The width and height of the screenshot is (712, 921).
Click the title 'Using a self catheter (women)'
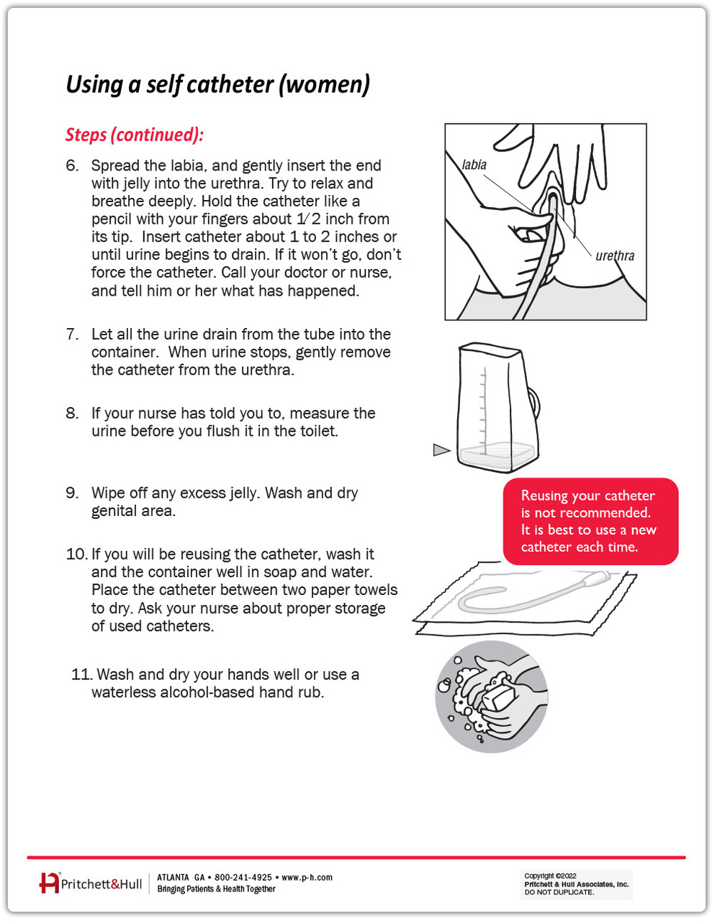[217, 85]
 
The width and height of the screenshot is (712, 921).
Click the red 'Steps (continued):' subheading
[135, 135]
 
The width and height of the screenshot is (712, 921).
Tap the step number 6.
[72, 165]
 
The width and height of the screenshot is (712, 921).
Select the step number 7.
[72, 335]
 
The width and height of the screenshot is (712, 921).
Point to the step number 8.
[72, 414]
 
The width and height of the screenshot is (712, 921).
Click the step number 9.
[72, 494]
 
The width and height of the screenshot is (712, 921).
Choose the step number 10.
[76, 555]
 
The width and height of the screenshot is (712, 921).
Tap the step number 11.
[82, 675]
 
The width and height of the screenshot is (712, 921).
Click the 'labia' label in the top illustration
[474, 165]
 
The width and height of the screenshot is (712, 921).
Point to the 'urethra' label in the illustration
[615, 256]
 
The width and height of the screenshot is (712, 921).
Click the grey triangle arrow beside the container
[441, 450]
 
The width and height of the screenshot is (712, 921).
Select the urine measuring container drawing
[497, 407]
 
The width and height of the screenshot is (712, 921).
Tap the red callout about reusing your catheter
[590, 522]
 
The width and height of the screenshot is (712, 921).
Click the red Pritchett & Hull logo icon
[49, 883]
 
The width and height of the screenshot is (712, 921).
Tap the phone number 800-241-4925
[243, 878]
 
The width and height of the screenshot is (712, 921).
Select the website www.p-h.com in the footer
[307, 878]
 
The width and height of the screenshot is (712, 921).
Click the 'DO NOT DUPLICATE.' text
[559, 892]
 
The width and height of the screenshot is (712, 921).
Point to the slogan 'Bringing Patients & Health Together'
[216, 889]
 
